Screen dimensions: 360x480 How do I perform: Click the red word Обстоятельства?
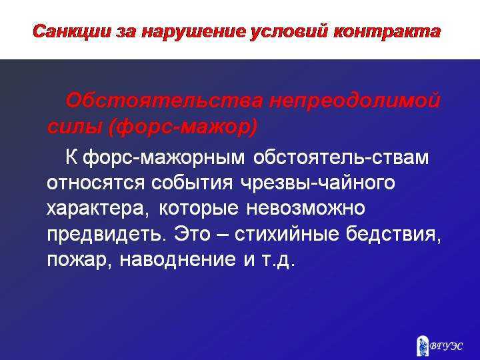(x=165, y=101)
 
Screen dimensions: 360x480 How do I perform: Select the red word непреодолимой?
(x=355, y=101)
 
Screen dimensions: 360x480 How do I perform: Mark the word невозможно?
(x=306, y=208)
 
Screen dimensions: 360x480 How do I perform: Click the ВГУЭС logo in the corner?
(x=441, y=345)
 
